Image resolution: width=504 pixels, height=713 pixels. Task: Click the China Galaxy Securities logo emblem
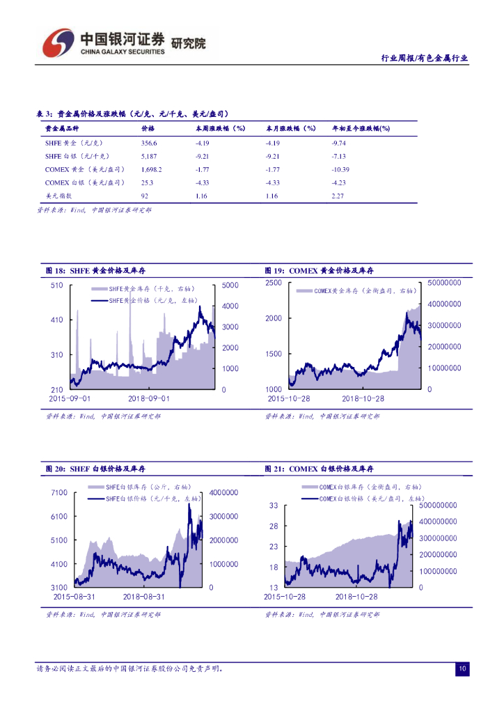click(58, 43)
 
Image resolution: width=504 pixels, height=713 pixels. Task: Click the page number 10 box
click(462, 669)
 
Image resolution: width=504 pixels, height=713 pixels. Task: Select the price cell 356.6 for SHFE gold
click(150, 143)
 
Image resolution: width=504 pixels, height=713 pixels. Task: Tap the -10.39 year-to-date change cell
click(340, 169)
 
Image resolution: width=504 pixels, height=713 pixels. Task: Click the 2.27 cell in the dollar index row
click(338, 196)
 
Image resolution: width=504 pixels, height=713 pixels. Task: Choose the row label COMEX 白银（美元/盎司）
click(85, 182)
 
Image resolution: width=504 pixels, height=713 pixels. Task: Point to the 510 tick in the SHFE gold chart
click(56, 285)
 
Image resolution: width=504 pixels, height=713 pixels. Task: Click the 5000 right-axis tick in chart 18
click(230, 285)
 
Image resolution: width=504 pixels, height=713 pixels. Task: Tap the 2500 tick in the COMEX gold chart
click(273, 283)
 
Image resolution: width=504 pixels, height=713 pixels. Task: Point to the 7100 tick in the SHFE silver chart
click(59, 493)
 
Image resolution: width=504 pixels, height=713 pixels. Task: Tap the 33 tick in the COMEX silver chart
click(274, 506)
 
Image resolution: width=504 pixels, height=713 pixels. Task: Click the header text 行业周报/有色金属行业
click(425, 59)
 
